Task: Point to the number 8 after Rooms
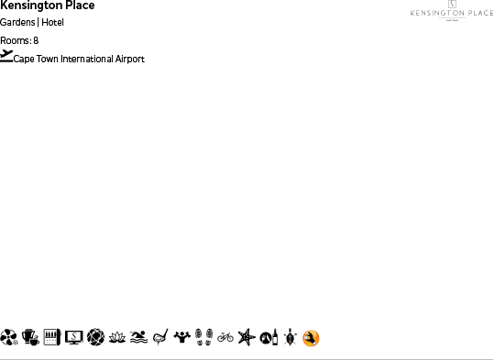[36, 40]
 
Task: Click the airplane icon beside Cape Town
[7, 56]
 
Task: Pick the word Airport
[130, 60]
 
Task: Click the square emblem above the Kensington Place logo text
[452, 5]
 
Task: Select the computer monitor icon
[74, 338]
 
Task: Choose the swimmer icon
[138, 338]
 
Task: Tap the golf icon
[160, 338]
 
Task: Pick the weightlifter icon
[182, 338]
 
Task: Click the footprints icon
[203, 338]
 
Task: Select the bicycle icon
[225, 338]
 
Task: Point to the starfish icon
[246, 338]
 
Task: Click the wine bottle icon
[268, 338]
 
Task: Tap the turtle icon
[290, 338]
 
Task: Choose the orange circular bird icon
[312, 339]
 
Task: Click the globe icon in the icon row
[95, 338]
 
